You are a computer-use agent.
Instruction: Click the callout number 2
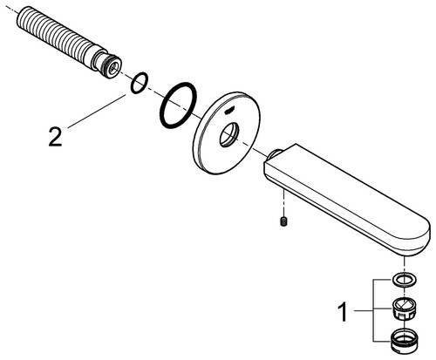pos(55,137)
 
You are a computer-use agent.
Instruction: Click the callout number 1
pos(343,312)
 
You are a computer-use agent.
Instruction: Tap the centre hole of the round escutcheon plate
pos(229,134)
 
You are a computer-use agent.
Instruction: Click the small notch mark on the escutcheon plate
pos(229,110)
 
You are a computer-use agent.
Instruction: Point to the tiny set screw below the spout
pos(283,222)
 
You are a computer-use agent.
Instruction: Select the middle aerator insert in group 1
pos(405,309)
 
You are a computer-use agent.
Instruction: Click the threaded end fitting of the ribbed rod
pos(106,64)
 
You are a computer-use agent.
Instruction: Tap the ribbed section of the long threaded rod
pos(58,36)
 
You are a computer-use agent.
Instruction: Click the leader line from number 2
pos(97,111)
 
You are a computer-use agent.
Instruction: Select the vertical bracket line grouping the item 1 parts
pos(373,310)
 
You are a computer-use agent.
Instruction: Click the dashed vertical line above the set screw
pos(283,203)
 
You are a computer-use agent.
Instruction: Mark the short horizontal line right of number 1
pos(364,311)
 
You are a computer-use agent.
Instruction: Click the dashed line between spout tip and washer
pos(404,265)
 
